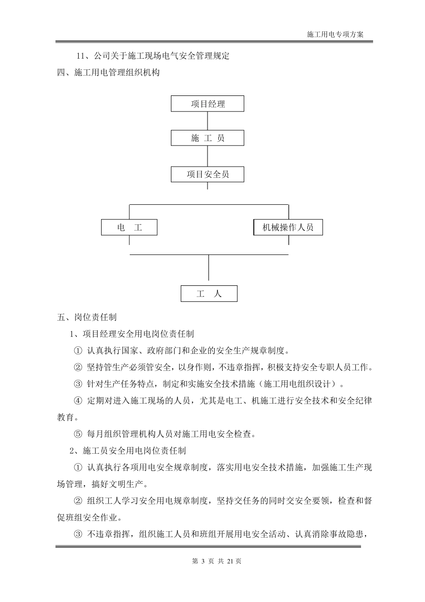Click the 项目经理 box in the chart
(x=208, y=104)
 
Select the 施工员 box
(x=208, y=138)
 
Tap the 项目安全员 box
(x=208, y=174)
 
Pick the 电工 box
(x=129, y=228)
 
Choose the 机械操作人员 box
(x=288, y=228)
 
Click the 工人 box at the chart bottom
(x=209, y=294)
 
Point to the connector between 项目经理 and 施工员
(x=208, y=121)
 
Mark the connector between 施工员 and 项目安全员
(x=208, y=156)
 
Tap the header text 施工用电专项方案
(x=336, y=34)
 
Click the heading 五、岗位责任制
(x=87, y=317)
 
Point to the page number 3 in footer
(x=203, y=561)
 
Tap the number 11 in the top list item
(x=81, y=56)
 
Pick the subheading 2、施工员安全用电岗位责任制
(x=128, y=450)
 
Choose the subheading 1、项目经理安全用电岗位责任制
(x=132, y=334)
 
